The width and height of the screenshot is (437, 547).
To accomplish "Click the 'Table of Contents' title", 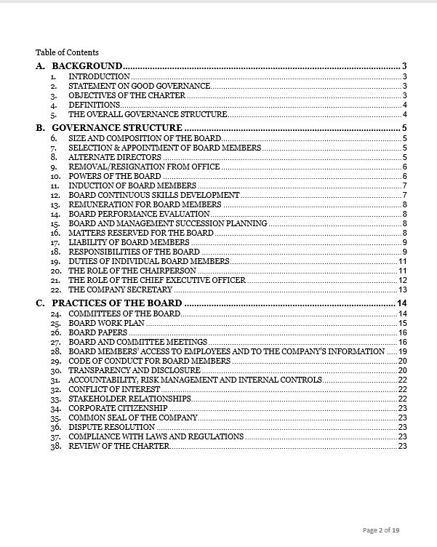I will [x=67, y=52].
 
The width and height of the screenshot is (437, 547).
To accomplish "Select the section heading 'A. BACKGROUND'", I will [x=79, y=66].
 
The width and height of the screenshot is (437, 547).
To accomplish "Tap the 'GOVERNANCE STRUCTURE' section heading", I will [x=117, y=128].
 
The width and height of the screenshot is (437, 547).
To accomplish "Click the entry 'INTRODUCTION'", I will [x=99, y=76].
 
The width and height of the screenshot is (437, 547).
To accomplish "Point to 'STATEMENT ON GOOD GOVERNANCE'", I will [x=140, y=86].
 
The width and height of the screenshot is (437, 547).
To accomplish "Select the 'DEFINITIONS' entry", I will [x=95, y=105].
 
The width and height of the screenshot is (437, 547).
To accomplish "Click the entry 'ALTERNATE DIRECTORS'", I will [x=115, y=157].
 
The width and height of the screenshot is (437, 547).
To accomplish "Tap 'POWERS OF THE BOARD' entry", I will [x=115, y=176].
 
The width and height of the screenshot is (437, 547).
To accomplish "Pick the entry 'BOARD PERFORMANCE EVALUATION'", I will [x=139, y=214].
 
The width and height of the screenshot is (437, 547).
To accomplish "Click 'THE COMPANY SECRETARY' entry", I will [x=120, y=290].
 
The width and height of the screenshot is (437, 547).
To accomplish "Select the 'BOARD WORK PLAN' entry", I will [x=107, y=322].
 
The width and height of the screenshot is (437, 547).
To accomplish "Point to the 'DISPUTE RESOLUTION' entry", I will [x=112, y=427].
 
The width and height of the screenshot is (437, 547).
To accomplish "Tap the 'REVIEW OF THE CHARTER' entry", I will [x=119, y=446].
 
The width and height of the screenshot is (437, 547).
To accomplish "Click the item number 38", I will [x=55, y=446].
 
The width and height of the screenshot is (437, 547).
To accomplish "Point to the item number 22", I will [x=55, y=290].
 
